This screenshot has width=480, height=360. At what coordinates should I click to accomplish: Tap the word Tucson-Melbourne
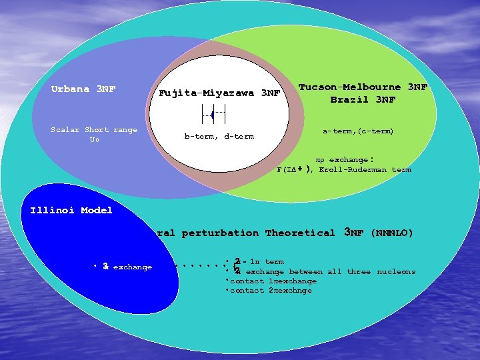pyautogui.click(x=349, y=87)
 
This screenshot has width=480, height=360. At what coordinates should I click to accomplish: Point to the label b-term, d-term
pyautogui.click(x=219, y=137)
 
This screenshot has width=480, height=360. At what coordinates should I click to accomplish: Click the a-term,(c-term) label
pyautogui.click(x=358, y=131)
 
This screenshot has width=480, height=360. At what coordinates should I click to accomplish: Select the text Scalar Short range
pyautogui.click(x=94, y=130)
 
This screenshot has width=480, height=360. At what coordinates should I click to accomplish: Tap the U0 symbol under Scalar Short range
pyautogui.click(x=94, y=141)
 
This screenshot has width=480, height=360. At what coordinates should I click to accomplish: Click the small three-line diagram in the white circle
pyautogui.click(x=213, y=115)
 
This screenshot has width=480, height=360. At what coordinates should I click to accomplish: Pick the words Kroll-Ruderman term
pyautogui.click(x=365, y=170)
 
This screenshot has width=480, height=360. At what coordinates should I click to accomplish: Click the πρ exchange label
pyautogui.click(x=343, y=160)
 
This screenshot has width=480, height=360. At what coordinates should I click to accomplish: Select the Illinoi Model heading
pyautogui.click(x=71, y=211)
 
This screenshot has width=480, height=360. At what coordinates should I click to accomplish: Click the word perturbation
pyautogui.click(x=220, y=233)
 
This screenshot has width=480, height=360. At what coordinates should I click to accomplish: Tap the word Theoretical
pyautogui.click(x=300, y=233)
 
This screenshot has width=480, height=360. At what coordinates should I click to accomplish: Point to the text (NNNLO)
pyautogui.click(x=391, y=233)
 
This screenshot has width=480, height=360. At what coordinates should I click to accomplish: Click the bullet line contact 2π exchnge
pyautogui.click(x=271, y=291)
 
